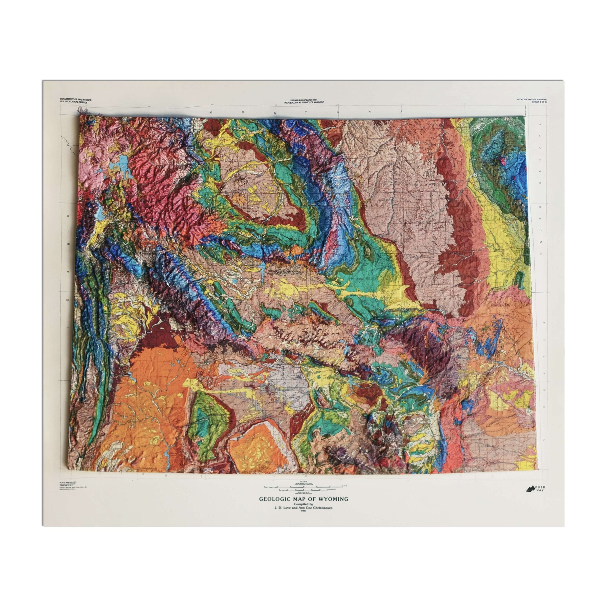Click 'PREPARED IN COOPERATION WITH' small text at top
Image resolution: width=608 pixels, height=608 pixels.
(304, 99)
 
